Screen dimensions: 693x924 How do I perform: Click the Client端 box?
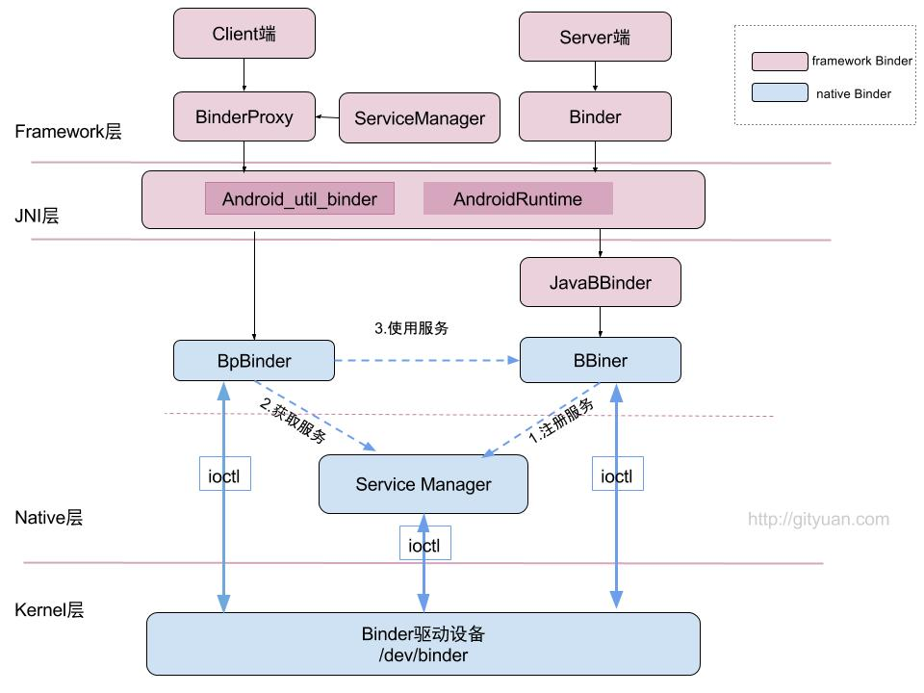244,34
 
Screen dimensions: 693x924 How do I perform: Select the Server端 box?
595,38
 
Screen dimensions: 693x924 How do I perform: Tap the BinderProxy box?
244,117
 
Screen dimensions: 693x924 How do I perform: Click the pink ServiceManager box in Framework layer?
420,118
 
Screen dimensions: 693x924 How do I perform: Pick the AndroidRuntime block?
518,199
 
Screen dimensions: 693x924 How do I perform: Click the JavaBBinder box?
600,283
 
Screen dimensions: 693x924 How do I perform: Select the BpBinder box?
254,361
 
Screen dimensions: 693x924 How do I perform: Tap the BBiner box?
600,361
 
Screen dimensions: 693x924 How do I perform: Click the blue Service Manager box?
423,484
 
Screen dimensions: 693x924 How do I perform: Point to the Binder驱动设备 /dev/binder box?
423,645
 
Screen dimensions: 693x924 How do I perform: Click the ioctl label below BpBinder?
225,475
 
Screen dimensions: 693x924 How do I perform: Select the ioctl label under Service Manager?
424,545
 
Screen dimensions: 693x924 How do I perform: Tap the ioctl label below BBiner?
617,475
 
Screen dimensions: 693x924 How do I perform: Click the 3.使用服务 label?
411,328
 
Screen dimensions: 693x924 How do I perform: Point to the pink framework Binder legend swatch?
779,62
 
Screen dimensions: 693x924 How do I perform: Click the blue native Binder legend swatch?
779,93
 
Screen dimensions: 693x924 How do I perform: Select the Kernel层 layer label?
49,610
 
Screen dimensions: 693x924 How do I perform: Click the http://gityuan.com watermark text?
818,520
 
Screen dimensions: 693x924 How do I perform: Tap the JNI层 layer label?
38,217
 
